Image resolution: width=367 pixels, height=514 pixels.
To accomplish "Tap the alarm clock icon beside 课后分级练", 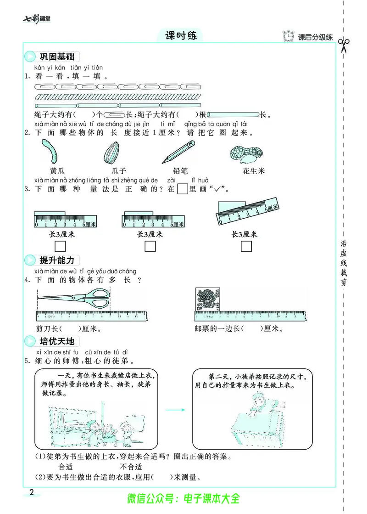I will [289, 37].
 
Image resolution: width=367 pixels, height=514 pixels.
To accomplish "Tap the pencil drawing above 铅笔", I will [178, 152].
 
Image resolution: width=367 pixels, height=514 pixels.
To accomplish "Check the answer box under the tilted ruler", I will [246, 247].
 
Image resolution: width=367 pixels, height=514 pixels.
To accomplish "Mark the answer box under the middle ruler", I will [150, 247].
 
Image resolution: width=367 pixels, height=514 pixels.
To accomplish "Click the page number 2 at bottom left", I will [31, 493].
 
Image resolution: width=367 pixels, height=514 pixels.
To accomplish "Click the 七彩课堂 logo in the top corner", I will [37, 19].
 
